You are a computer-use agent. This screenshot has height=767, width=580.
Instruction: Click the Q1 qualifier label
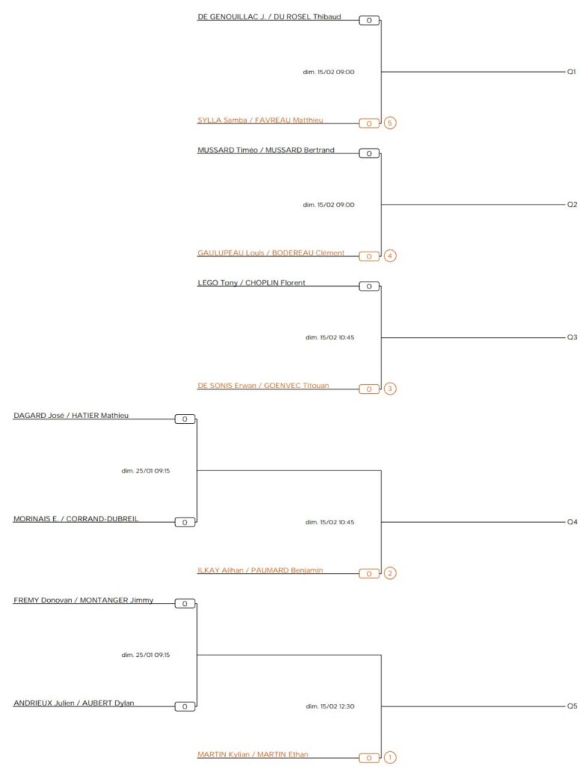[571, 72]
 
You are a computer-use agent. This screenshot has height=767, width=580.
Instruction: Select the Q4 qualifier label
[572, 522]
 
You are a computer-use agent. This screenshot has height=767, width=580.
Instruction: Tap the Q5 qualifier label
[572, 706]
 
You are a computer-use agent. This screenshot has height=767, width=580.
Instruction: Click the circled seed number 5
[389, 123]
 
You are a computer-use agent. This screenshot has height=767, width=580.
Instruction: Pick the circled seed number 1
[389, 758]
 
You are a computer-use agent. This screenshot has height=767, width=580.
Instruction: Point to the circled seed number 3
[389, 389]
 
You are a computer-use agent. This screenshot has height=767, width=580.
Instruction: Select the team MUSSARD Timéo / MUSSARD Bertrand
[266, 150]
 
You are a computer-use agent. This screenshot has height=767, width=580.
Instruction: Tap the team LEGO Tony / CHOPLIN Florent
[251, 283]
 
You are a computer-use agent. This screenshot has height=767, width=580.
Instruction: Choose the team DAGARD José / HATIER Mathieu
[71, 416]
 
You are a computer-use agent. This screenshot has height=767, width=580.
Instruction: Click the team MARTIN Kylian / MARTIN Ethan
[253, 755]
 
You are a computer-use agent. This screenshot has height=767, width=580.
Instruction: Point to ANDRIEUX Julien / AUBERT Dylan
[74, 703]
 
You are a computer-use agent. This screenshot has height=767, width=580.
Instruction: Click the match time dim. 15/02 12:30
[330, 706]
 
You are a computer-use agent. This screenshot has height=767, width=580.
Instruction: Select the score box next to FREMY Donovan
[185, 604]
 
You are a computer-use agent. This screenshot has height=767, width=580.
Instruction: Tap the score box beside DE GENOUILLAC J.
[369, 20]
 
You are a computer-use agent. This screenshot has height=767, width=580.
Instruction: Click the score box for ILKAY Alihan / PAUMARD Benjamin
[369, 574]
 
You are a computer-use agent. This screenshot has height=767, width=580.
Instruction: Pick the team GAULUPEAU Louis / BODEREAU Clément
[271, 253]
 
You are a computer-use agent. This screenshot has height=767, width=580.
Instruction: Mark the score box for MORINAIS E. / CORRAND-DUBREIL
[185, 522]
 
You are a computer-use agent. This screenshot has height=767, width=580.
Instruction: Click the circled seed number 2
[389, 574]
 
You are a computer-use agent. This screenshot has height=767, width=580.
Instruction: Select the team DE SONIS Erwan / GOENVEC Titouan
[263, 386]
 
